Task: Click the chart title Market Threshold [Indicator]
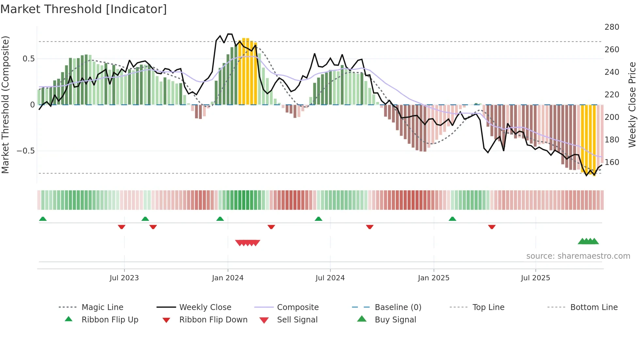84,9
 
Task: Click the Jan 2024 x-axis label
228,278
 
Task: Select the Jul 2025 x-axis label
535,278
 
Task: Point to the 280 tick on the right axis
612,27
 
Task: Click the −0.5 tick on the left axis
25,151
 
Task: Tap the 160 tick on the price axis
612,162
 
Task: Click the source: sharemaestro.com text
578,256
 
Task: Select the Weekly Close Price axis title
632,105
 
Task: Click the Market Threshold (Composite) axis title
5,105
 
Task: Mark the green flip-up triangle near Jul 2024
318,219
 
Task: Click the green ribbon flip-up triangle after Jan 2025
452,219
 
